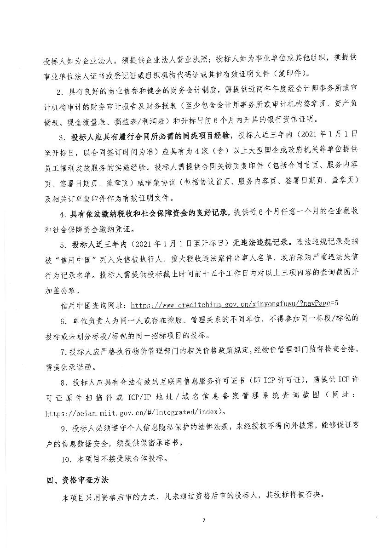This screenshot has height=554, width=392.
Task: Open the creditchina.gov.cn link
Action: pyautogui.click(x=235, y=304)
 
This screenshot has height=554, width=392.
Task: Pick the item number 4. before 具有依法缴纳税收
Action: pyautogui.click(x=63, y=213)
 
